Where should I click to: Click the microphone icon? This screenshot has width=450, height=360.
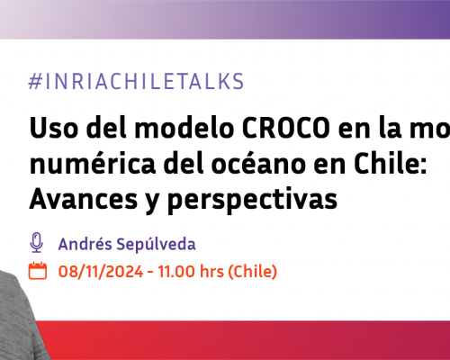tap(37, 242)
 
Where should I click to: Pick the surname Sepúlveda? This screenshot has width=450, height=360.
tap(160, 243)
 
